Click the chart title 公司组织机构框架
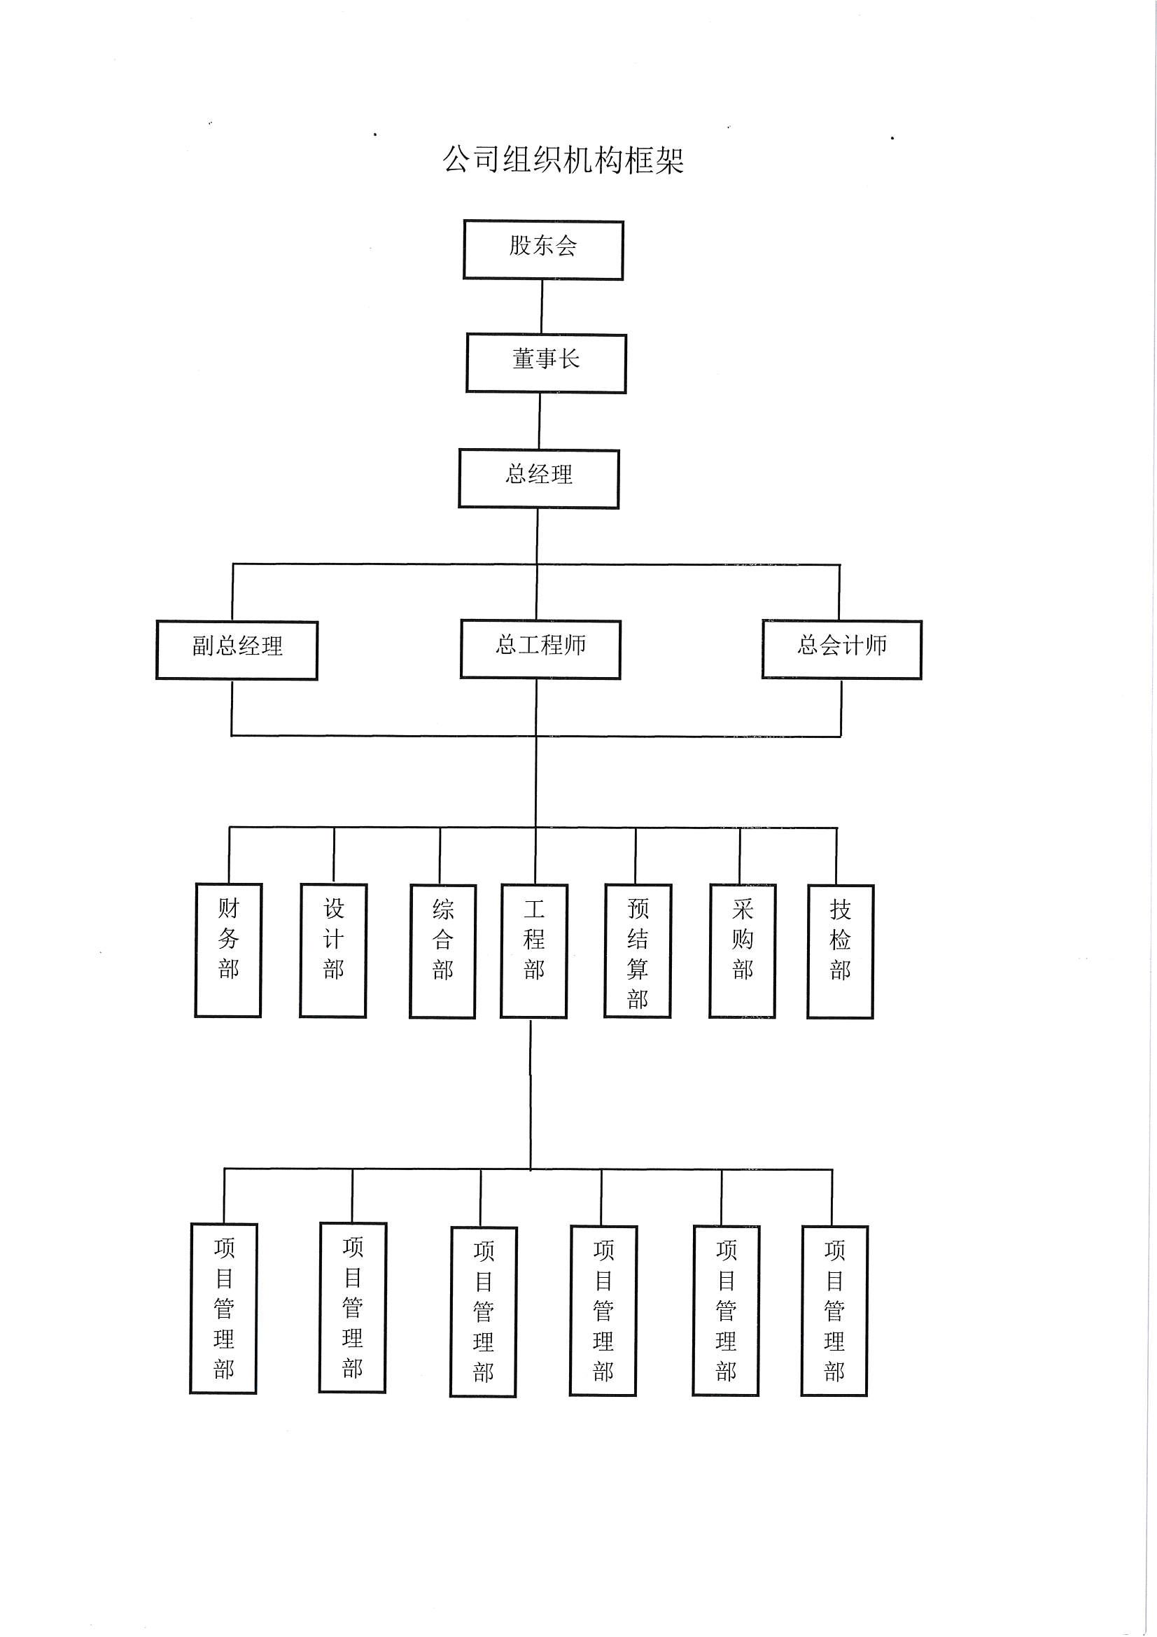(563, 160)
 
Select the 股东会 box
(543, 249)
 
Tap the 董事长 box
(546, 363)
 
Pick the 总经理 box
(539, 478)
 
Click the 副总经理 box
(237, 650)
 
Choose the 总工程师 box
(540, 649)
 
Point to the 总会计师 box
(842, 649)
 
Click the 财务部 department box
(228, 950)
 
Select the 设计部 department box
(333, 950)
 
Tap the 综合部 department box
(442, 951)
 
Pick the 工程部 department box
(534, 951)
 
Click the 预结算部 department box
(638, 951)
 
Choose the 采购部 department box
(742, 951)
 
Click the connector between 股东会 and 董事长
(542, 307)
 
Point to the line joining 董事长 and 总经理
(539, 421)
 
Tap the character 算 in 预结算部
(638, 969)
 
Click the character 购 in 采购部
(742, 939)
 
